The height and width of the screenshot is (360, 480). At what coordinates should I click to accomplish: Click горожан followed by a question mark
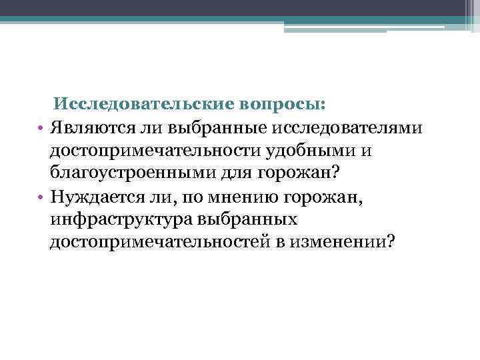pyautogui.click(x=299, y=173)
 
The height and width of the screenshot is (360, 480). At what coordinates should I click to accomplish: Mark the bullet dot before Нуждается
pyautogui.click(x=41, y=197)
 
